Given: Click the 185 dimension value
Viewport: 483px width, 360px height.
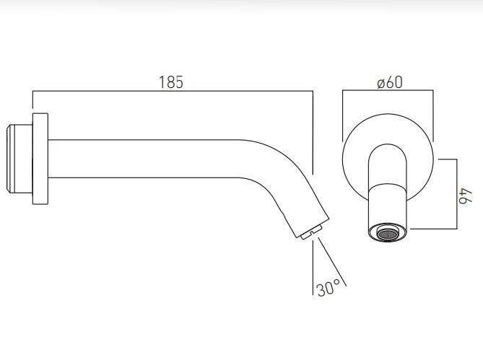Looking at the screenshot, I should [172, 82].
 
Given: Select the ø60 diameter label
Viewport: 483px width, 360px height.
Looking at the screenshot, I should [388, 82].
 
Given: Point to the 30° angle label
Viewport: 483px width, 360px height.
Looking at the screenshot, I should [328, 289].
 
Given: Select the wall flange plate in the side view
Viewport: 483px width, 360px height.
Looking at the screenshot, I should [40, 159].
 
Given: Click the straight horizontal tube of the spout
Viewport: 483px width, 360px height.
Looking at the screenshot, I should [144, 159].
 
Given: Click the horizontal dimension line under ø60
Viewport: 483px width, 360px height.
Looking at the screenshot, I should [388, 92].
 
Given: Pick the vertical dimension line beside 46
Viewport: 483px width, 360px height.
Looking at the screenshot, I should [455, 195].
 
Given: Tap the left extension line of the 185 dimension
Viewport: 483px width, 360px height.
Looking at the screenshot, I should [32, 101].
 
